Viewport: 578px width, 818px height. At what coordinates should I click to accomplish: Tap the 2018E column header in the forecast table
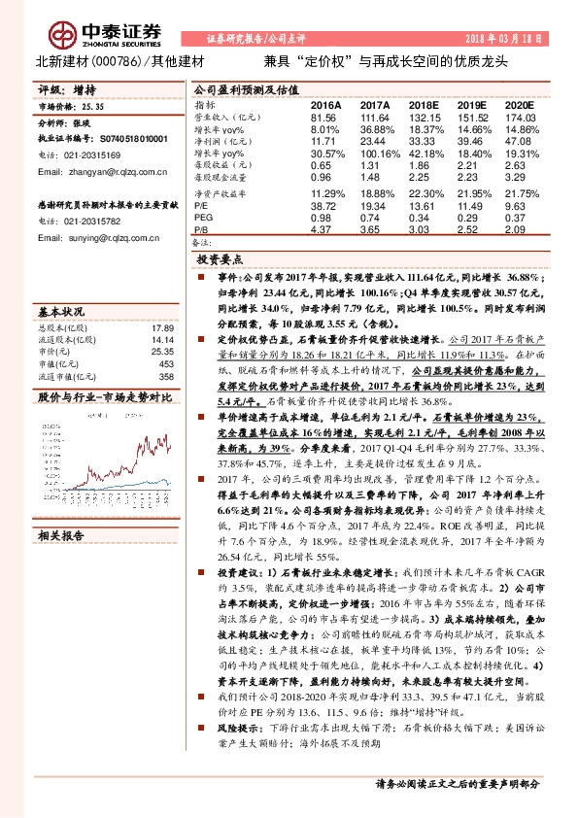[425, 105]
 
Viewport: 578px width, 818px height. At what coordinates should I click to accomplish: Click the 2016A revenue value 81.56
[323, 117]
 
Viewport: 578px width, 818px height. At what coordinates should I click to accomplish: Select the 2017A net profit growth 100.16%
[374, 153]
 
